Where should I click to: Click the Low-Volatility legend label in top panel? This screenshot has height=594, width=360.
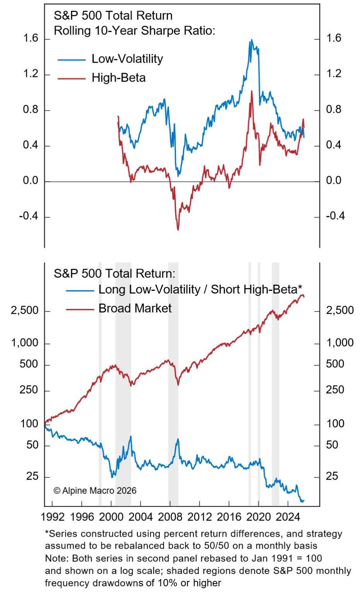127,59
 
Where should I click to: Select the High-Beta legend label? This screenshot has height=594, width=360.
118,78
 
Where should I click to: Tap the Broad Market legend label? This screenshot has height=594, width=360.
135,308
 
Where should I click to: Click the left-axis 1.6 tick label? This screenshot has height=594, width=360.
31,38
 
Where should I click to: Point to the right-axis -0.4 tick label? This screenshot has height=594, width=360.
335,216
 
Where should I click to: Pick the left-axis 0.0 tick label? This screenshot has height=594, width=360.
31,181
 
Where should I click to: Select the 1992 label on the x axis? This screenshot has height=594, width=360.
52,517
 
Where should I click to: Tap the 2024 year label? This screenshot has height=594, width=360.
288,517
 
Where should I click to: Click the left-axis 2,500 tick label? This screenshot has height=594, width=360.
25,311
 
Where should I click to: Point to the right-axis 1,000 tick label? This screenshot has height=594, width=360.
340,343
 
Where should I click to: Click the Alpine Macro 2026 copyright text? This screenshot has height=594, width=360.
95,491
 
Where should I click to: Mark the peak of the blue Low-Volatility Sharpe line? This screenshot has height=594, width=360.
251,40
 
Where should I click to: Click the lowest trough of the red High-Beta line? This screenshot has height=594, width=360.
178,230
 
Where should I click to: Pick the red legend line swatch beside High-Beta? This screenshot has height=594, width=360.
71,79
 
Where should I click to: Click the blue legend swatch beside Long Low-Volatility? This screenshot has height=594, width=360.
80,290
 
